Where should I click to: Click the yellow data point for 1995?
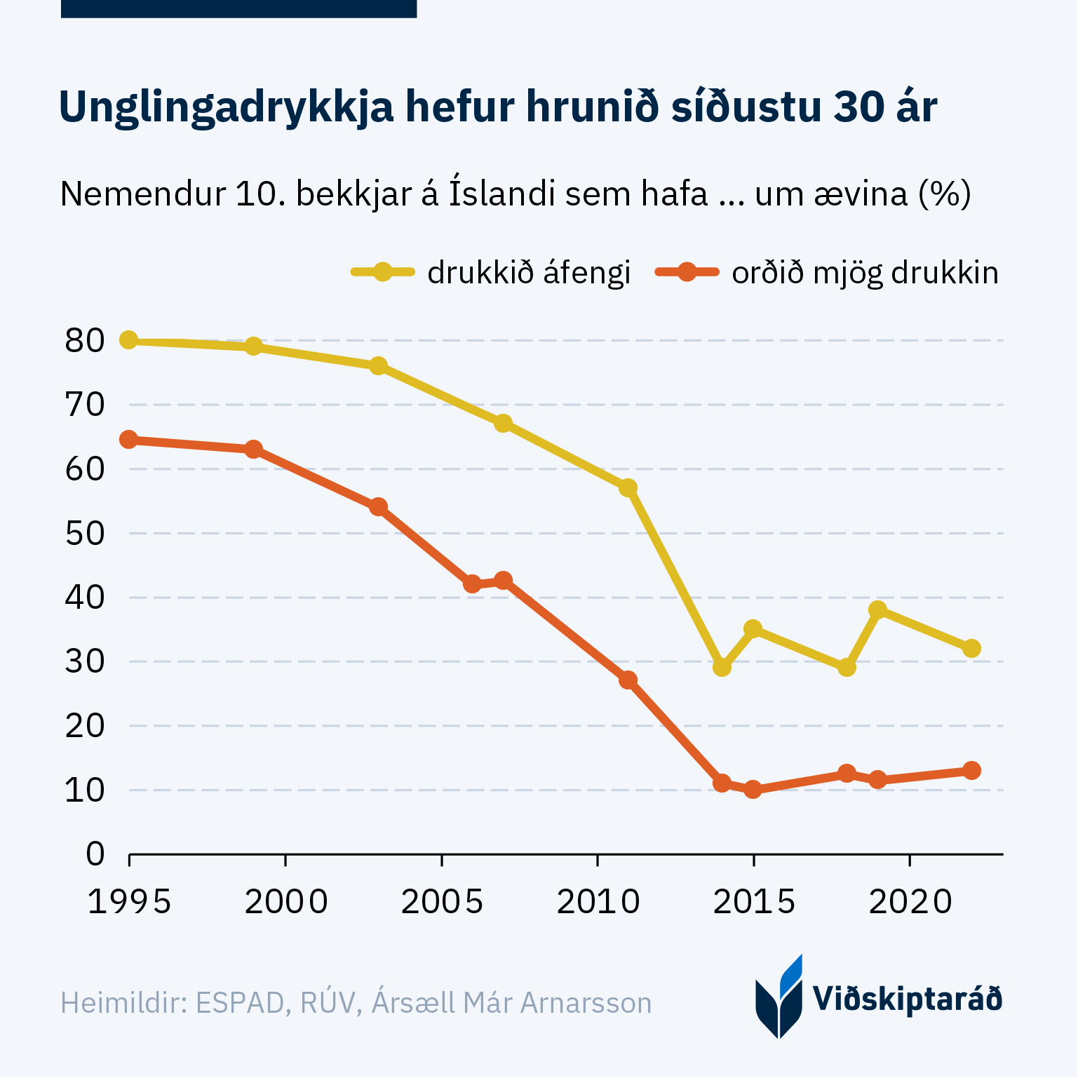[x=128, y=340]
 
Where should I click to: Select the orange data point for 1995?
[x=128, y=440]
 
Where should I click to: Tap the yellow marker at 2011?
[x=628, y=487]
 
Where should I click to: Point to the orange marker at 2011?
[x=628, y=680]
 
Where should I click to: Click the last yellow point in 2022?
[x=971, y=648]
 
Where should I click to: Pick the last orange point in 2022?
[x=971, y=770]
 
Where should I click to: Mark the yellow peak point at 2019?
[x=877, y=609]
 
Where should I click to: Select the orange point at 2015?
[x=753, y=790]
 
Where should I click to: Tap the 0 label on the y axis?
[x=95, y=854]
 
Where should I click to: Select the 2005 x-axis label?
[x=442, y=902]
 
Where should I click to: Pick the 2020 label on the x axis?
[x=910, y=902]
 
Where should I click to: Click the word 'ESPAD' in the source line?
[x=239, y=1003]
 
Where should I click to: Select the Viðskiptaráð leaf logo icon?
[x=779, y=997]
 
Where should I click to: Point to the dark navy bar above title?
[x=238, y=8]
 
